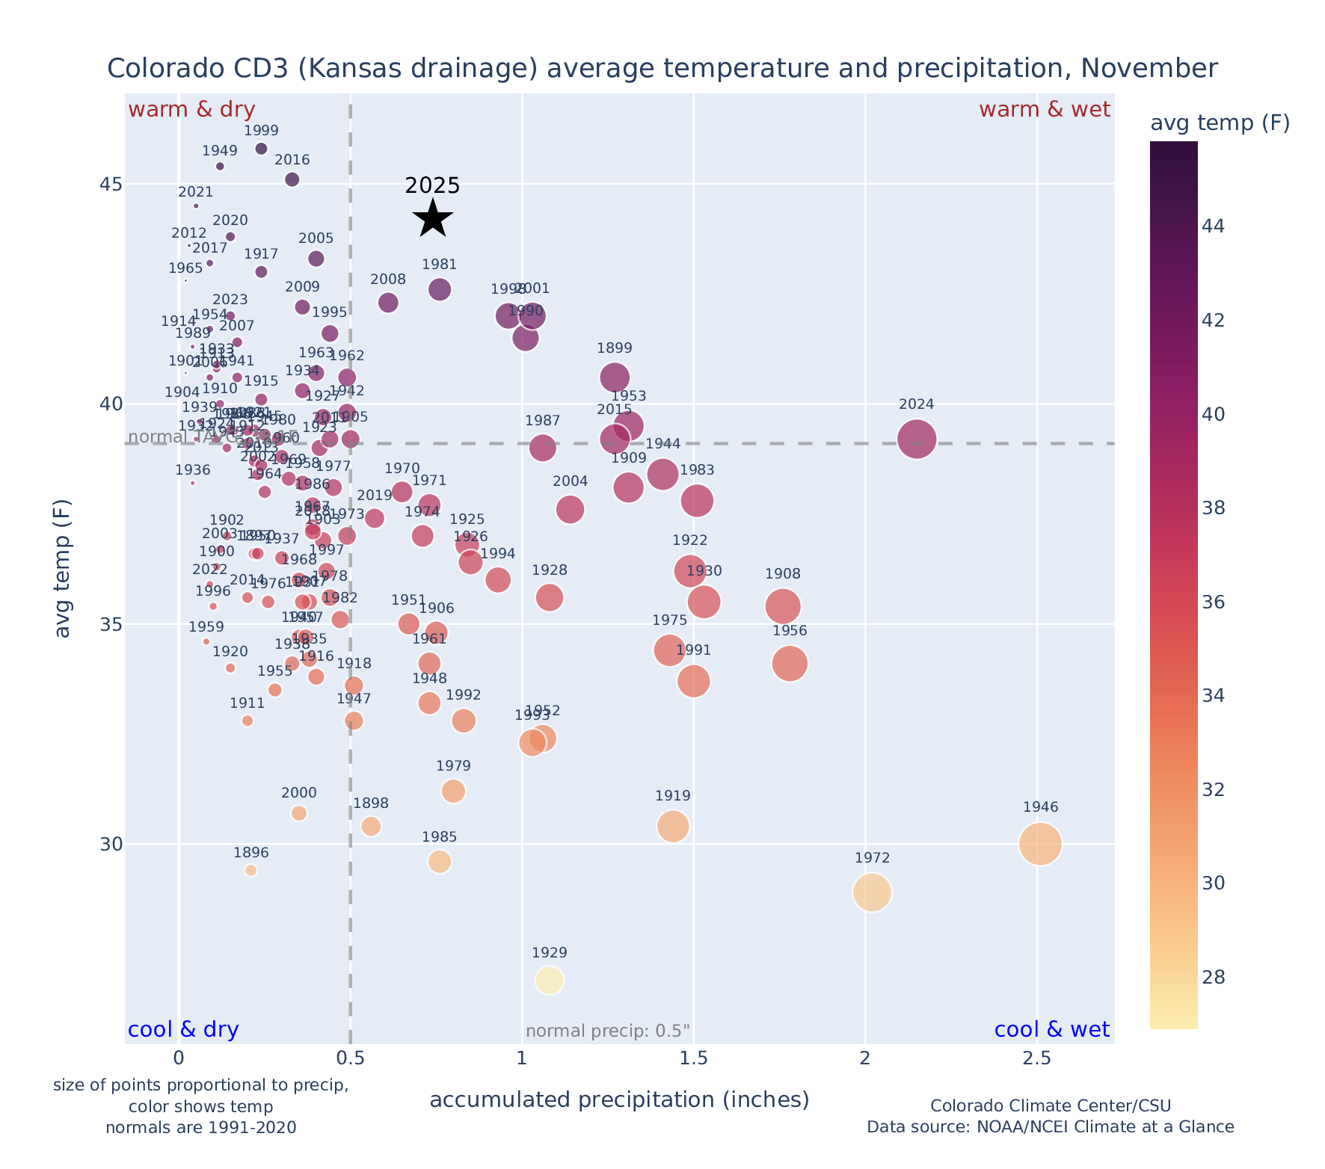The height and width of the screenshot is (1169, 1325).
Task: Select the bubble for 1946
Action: coord(1039,843)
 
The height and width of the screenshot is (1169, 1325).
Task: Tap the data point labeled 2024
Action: coord(917,439)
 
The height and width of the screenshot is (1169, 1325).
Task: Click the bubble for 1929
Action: coord(550,980)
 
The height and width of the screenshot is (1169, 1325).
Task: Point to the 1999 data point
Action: coord(261,149)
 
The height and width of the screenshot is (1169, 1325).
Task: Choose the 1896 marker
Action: coord(251,870)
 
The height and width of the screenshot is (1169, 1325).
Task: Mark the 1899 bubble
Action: coord(615,377)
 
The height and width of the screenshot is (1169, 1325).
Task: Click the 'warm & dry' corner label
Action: coord(191,110)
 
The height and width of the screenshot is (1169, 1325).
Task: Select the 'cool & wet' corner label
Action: coord(1051,1030)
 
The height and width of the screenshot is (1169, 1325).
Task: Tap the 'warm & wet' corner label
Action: coord(1045,110)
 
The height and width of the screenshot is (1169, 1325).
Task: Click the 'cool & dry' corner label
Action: coord(183,1030)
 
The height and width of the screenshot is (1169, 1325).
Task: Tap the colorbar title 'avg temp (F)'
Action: coord(1220,123)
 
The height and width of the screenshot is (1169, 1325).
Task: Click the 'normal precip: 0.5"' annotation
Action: coord(608,1031)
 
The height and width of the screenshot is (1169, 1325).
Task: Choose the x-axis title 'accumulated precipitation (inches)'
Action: coord(619,1099)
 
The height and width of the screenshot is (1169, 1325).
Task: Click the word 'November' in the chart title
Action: coord(1155,69)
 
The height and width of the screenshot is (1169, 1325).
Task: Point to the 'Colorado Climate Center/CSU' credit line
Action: coord(1050,1105)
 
